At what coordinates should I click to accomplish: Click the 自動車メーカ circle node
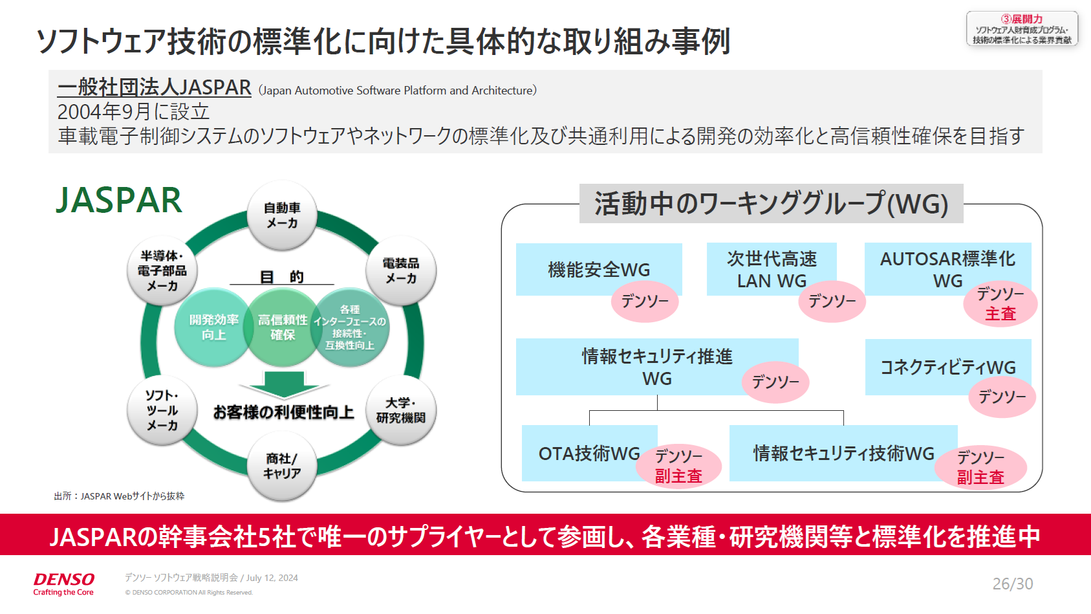coord(282,215)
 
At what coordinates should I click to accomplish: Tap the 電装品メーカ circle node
coord(401,271)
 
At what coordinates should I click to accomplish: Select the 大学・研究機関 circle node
coord(401,411)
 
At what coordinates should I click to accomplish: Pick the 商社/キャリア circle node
coord(282,466)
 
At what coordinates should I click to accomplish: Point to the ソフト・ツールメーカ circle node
coord(162,411)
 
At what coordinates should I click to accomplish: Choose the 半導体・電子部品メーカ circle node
coord(162,271)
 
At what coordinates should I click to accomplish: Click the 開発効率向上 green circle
coord(213,327)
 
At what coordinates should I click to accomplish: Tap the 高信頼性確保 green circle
coord(283,327)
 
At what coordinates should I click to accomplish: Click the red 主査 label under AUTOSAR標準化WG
coord(1000,314)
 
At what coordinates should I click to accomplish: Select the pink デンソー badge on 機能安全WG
coord(645,301)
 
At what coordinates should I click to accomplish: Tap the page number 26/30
coord(1012,584)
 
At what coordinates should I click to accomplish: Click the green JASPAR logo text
coord(119,200)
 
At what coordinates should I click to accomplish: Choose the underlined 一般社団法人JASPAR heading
coord(154,87)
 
